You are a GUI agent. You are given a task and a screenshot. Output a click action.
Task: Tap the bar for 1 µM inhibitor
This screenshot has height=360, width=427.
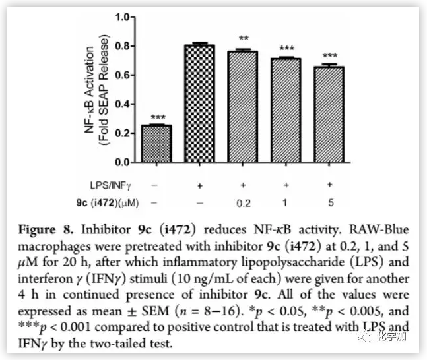pyautogui.click(x=286, y=110)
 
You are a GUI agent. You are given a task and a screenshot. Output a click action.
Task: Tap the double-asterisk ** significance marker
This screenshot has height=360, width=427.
pyautogui.click(x=243, y=39)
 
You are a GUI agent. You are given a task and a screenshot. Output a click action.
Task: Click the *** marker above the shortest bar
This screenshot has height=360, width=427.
pyautogui.click(x=156, y=117)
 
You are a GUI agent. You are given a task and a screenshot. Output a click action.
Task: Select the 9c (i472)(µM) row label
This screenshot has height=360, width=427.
pyautogui.click(x=104, y=202)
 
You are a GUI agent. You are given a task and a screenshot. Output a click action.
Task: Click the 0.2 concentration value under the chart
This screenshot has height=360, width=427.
pyautogui.click(x=242, y=203)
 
